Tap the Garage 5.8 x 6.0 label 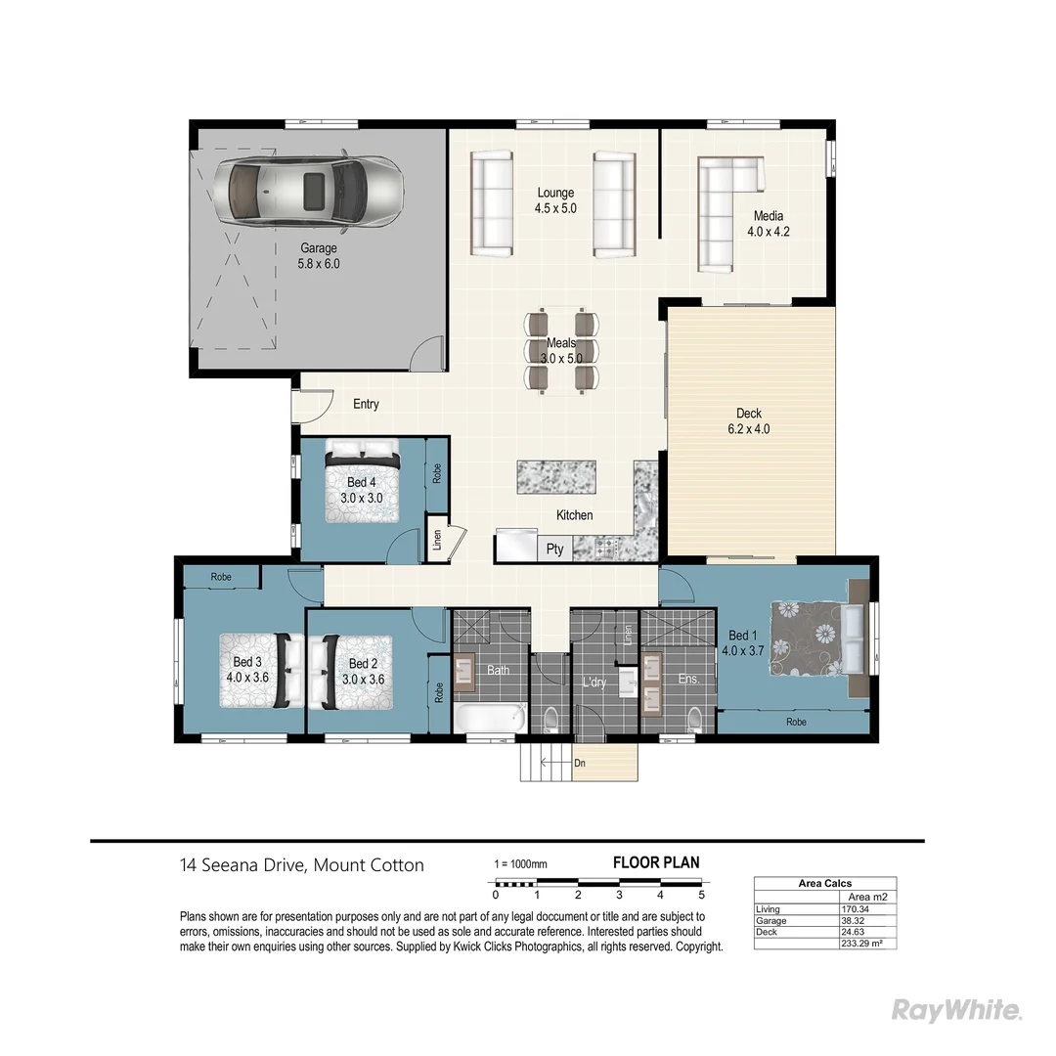point(319,256)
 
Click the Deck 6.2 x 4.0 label point(749,421)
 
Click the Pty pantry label point(554,550)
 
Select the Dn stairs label point(580,764)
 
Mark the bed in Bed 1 point(816,638)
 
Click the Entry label point(366,405)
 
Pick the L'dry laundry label point(595,683)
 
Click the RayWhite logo point(957,1010)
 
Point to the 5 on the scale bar point(702,895)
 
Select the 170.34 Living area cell point(855,909)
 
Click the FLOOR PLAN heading point(655,862)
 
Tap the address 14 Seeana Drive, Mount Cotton point(302,865)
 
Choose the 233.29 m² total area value point(860,943)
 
